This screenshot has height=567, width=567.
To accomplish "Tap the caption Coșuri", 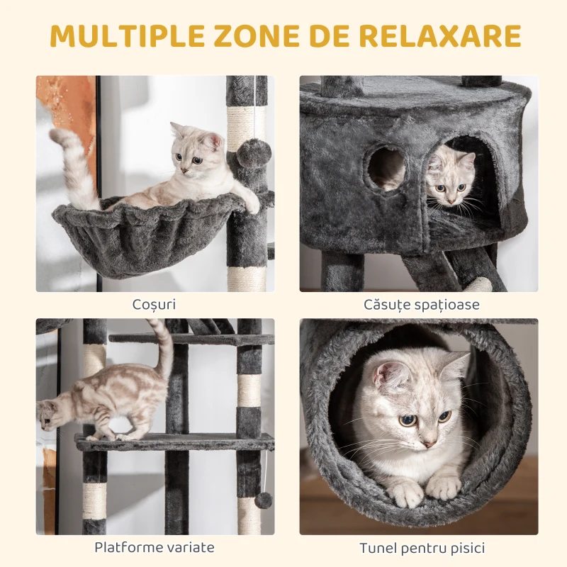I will click(x=154, y=305).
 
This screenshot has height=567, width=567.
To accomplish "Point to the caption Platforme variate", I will click(x=155, y=547).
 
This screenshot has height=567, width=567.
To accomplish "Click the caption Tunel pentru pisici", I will click(x=422, y=547).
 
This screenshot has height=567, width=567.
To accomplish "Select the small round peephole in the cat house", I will click(x=387, y=169).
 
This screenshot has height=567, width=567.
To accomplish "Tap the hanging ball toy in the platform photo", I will click(x=264, y=500).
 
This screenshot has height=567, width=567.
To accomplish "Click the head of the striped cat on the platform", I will click(x=51, y=415).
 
